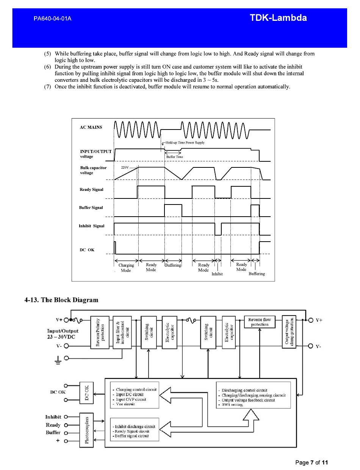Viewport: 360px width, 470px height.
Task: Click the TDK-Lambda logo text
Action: click(x=278, y=18)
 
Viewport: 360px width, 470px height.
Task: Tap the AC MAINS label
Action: click(x=91, y=127)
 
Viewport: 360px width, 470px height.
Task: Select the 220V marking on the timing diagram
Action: click(x=125, y=167)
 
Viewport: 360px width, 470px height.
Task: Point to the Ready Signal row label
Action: click(x=91, y=189)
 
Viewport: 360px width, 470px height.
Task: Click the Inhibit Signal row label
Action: click(x=91, y=226)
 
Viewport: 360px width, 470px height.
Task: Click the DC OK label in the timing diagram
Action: click(x=87, y=250)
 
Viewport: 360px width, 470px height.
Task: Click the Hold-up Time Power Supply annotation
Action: click(x=185, y=143)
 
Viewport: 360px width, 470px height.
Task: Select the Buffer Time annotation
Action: click(x=174, y=157)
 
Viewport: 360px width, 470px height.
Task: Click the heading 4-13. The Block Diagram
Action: click(x=61, y=300)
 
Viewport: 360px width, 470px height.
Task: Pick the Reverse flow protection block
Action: click(x=260, y=322)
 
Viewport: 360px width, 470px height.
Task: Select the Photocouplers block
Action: click(x=86, y=430)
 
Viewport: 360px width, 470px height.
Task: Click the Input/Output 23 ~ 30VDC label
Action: click(x=63, y=334)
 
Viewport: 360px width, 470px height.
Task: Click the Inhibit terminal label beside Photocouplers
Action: click(x=53, y=417)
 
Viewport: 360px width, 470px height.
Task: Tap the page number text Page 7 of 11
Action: click(x=311, y=462)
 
